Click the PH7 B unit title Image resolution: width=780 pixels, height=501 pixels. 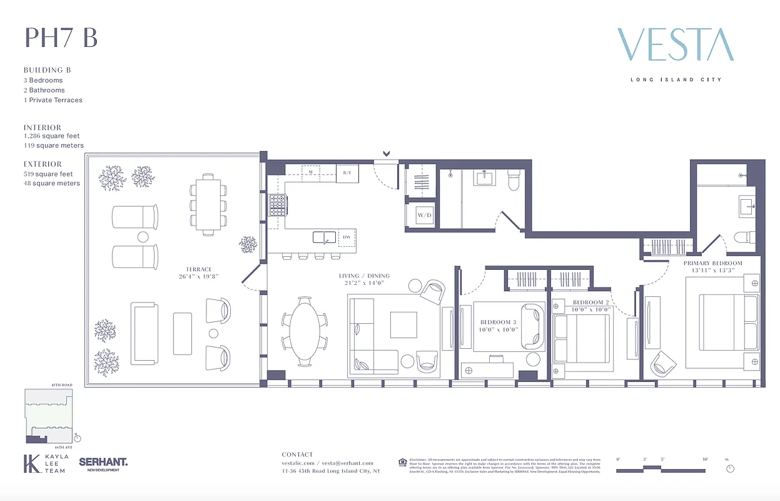coord(61,38)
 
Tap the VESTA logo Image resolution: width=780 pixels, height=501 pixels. coord(676,45)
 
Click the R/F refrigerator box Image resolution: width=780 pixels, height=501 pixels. coord(347,173)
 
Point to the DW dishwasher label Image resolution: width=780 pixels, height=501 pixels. coord(346,237)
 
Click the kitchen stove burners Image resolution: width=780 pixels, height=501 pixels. coord(277,204)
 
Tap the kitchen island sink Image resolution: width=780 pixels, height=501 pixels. coord(323,237)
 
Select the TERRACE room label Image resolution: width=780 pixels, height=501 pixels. coord(198,269)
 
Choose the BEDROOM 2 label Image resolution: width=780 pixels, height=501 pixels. coord(591,302)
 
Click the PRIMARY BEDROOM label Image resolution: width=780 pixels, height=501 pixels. coord(712,263)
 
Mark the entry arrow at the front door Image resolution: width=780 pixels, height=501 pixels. coord(387,153)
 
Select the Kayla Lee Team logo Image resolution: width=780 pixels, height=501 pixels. coord(46,463)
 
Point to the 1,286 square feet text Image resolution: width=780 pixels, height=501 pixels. coord(52,136)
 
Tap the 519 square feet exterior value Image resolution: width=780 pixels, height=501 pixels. coord(48,174)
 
